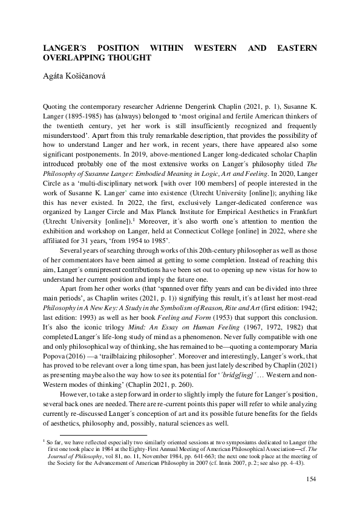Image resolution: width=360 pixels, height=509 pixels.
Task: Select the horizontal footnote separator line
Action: click(103, 434)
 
